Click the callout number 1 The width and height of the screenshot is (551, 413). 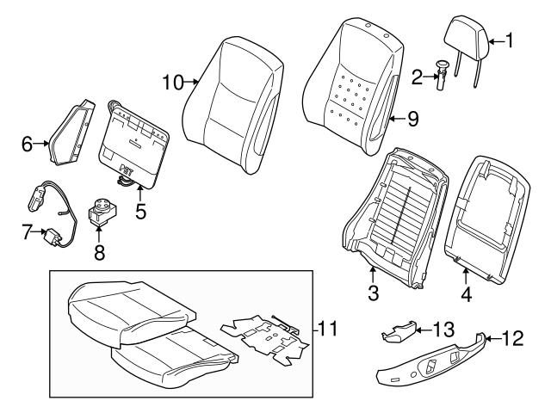click(510, 39)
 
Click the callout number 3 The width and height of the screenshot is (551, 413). click(373, 293)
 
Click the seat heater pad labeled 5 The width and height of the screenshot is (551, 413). click(135, 142)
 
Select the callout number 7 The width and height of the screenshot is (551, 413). click(28, 232)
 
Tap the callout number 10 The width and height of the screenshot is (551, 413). click(173, 83)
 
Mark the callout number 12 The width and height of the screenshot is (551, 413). click(511, 339)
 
